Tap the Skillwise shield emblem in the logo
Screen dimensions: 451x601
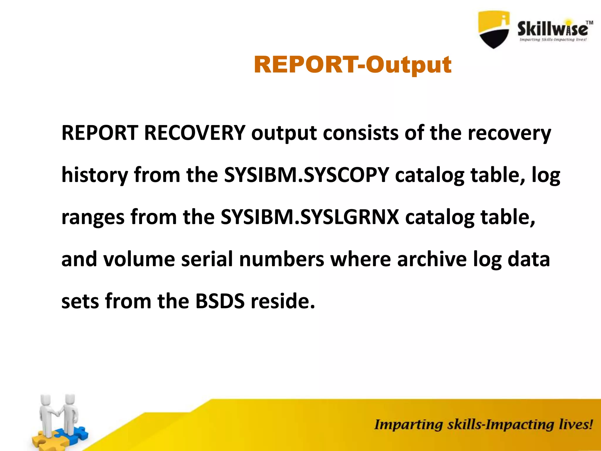[x=494, y=29]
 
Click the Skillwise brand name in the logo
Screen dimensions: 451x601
[x=553, y=29]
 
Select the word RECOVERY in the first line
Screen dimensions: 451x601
[x=195, y=133]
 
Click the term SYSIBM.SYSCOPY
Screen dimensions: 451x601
[x=306, y=175]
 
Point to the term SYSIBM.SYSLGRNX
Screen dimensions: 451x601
[x=310, y=217]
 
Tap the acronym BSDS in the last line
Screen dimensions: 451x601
[x=220, y=301]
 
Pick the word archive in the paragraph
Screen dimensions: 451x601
[x=432, y=259]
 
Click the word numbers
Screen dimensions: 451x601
[x=282, y=259]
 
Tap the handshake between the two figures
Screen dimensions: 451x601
[x=59, y=413]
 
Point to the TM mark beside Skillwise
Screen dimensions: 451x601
[x=589, y=23]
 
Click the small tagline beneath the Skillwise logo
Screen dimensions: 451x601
[x=553, y=40]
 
